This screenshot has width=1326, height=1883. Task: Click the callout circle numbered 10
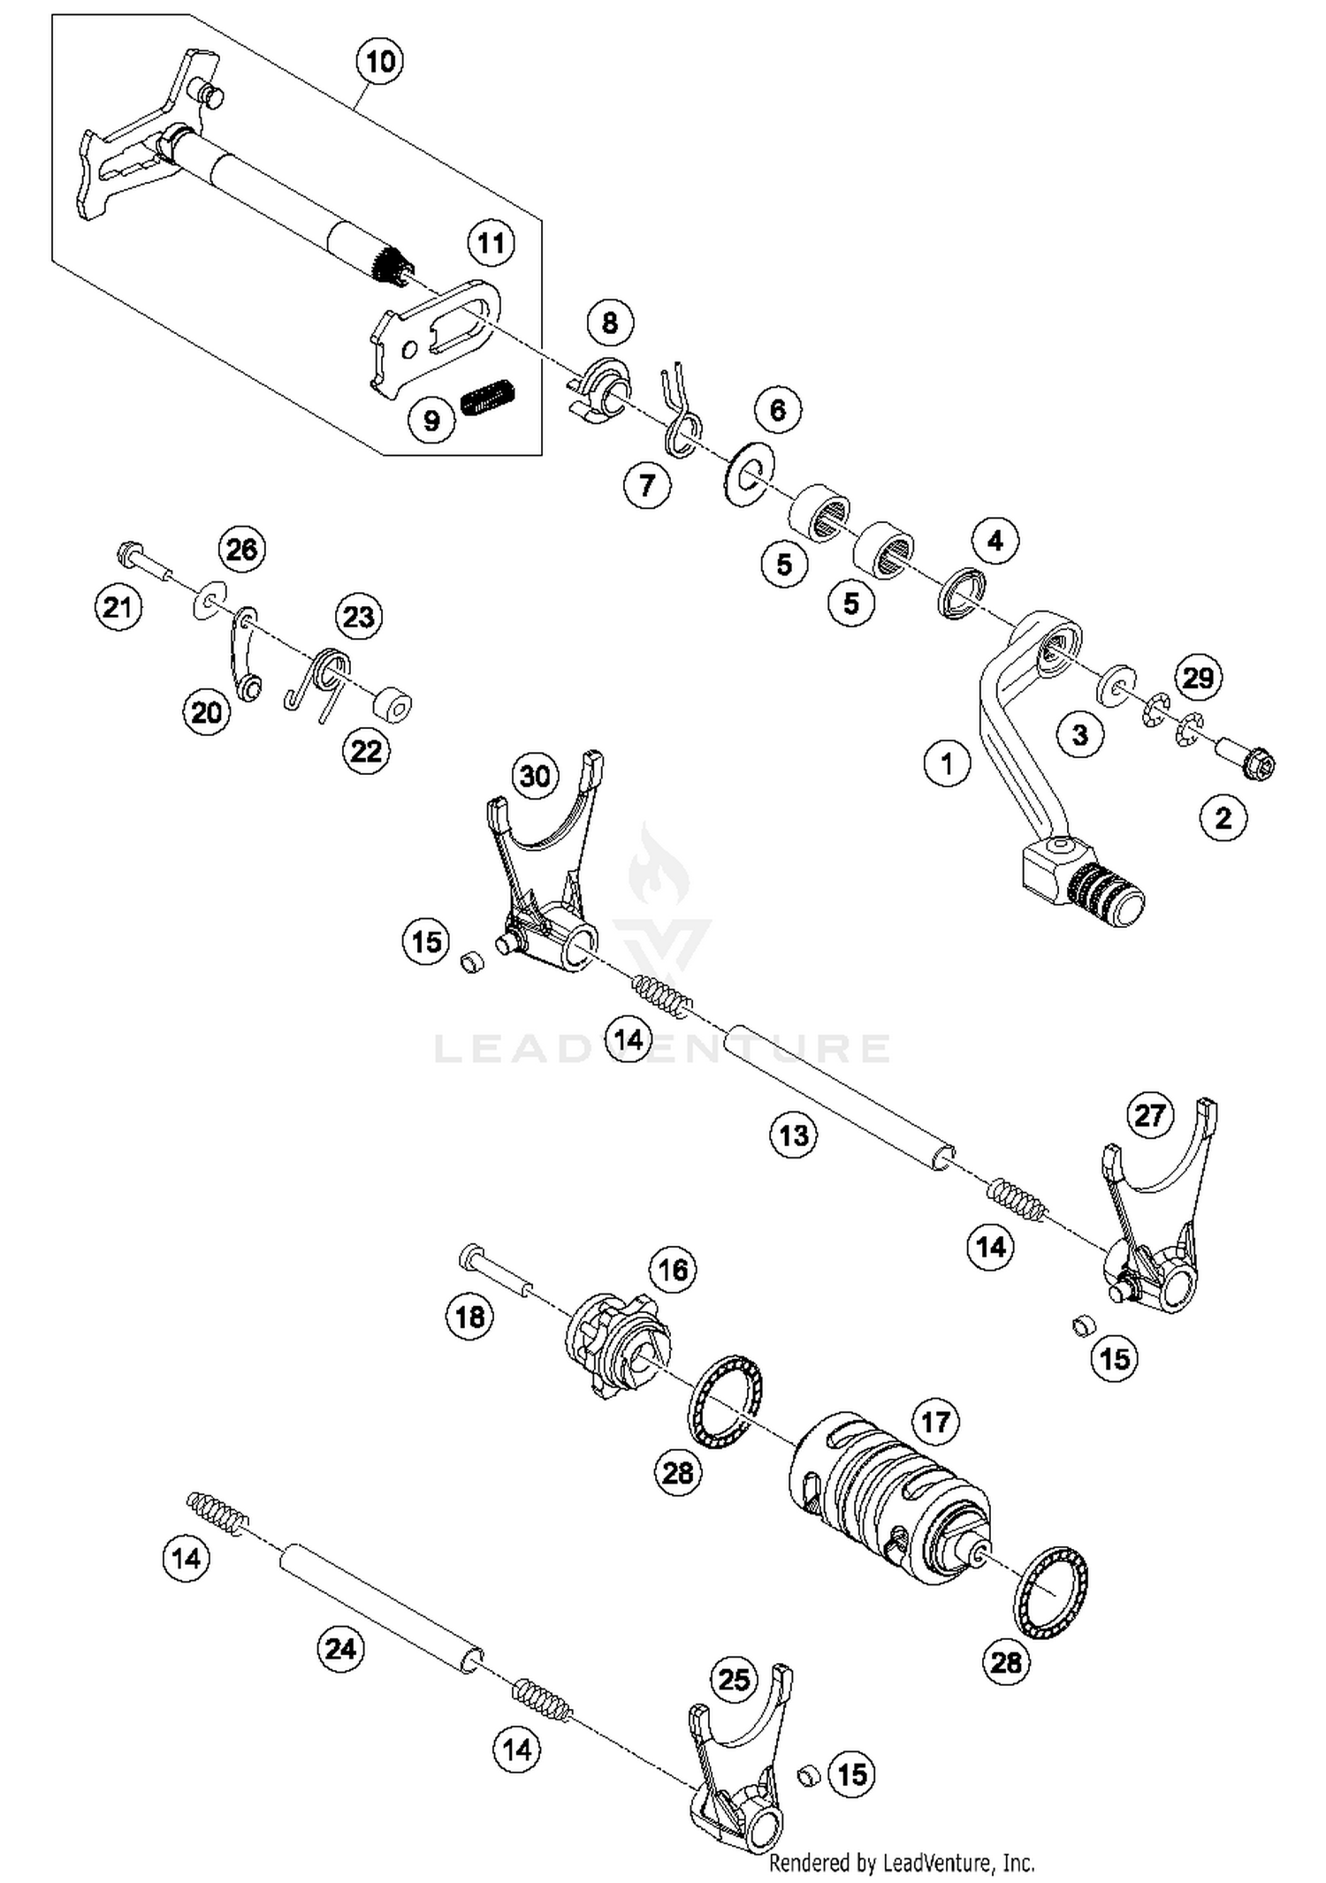point(380,62)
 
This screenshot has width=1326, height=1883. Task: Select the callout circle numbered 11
point(491,243)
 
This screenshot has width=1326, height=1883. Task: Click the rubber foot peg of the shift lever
point(1107,895)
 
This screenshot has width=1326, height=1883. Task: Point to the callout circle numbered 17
point(935,1422)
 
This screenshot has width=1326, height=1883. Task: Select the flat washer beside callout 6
point(748,473)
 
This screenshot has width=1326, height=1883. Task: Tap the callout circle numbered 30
point(536,777)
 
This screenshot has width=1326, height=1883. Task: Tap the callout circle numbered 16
point(674,1270)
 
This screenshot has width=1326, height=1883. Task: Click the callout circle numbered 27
point(1149,1114)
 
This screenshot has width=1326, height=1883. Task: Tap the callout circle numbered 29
point(1198,678)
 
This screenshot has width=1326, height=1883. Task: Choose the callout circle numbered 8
point(610,323)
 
